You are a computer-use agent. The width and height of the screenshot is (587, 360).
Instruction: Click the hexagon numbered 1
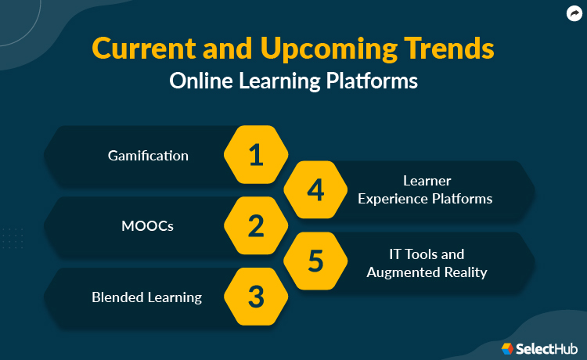(256, 155)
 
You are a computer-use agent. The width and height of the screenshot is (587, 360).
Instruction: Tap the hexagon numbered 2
(256, 226)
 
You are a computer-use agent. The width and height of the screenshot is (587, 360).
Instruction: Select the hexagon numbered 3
(256, 297)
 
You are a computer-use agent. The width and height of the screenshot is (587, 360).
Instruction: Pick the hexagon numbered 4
(315, 190)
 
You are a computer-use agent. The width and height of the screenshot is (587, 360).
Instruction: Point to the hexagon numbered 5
(315, 261)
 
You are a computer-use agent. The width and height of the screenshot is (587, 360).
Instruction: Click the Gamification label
(148, 155)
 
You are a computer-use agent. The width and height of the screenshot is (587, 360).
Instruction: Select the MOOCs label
(148, 226)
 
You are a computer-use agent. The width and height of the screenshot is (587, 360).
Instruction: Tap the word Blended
(117, 297)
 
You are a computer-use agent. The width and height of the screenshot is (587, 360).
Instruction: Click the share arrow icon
(573, 13)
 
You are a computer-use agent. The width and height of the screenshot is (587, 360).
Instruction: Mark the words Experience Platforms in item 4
(425, 199)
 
